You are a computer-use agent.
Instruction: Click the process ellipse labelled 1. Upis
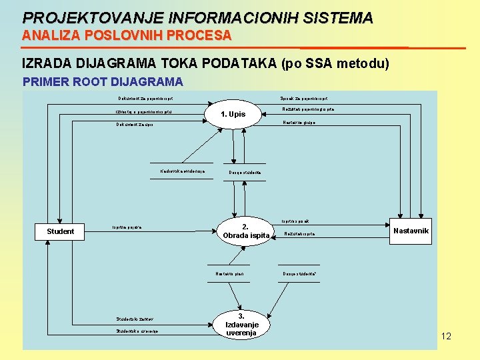233,114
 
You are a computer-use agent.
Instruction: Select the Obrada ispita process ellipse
245,231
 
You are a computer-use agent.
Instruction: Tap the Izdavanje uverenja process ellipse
241,324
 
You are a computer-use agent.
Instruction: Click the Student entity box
61,231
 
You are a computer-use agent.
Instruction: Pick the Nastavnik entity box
411,231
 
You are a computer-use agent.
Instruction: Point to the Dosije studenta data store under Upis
245,173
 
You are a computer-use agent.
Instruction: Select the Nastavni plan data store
229,273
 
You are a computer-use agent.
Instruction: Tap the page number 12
446,336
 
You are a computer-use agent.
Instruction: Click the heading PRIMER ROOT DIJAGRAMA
103,82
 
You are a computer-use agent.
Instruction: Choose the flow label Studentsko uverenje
137,331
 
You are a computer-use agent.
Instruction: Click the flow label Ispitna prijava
127,227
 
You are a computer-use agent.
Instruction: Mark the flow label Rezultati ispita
299,234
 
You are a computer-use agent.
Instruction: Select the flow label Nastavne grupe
299,122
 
